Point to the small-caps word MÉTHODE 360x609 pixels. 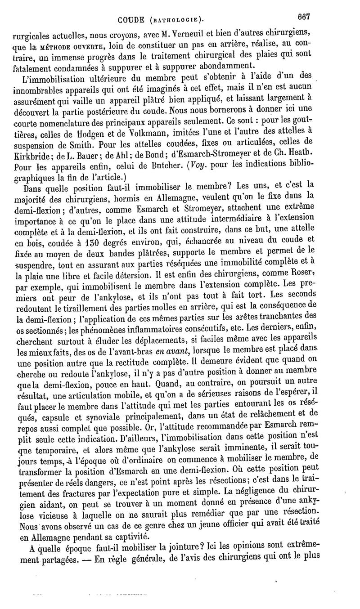57,45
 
